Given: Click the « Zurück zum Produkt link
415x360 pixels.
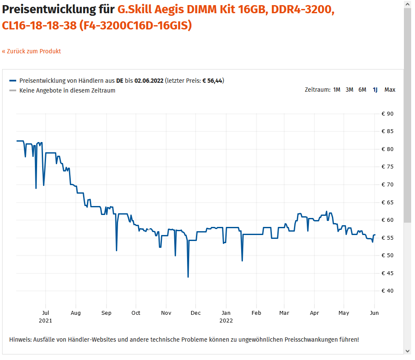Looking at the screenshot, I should click(x=32, y=51).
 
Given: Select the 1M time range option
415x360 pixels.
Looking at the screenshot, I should click(x=337, y=90).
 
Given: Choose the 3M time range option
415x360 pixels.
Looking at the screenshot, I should click(x=349, y=90).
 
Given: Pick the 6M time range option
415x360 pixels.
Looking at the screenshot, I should click(x=362, y=90).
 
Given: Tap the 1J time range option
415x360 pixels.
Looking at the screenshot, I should click(x=375, y=90).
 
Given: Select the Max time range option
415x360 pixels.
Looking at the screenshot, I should click(x=389, y=90).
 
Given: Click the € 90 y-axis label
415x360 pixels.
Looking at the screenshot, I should click(x=387, y=114).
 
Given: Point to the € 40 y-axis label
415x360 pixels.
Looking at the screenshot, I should click(x=387, y=291).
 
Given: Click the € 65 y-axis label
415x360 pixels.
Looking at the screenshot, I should click(x=387, y=203).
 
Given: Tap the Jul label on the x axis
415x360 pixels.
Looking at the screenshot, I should click(x=46, y=313).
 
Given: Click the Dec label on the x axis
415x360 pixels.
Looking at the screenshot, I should click(x=196, y=313).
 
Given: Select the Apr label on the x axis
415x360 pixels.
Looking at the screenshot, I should click(x=314, y=313).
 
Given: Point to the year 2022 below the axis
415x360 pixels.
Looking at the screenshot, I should click(x=226, y=320).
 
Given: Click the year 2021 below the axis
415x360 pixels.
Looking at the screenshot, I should click(x=46, y=320).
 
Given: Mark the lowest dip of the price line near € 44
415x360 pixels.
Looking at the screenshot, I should click(x=188, y=277).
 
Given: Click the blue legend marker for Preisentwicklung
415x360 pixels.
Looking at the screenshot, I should click(x=13, y=81).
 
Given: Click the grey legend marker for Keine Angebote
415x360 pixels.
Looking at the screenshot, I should click(x=13, y=90).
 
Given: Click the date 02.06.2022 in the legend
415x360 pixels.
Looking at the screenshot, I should click(x=149, y=81).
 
